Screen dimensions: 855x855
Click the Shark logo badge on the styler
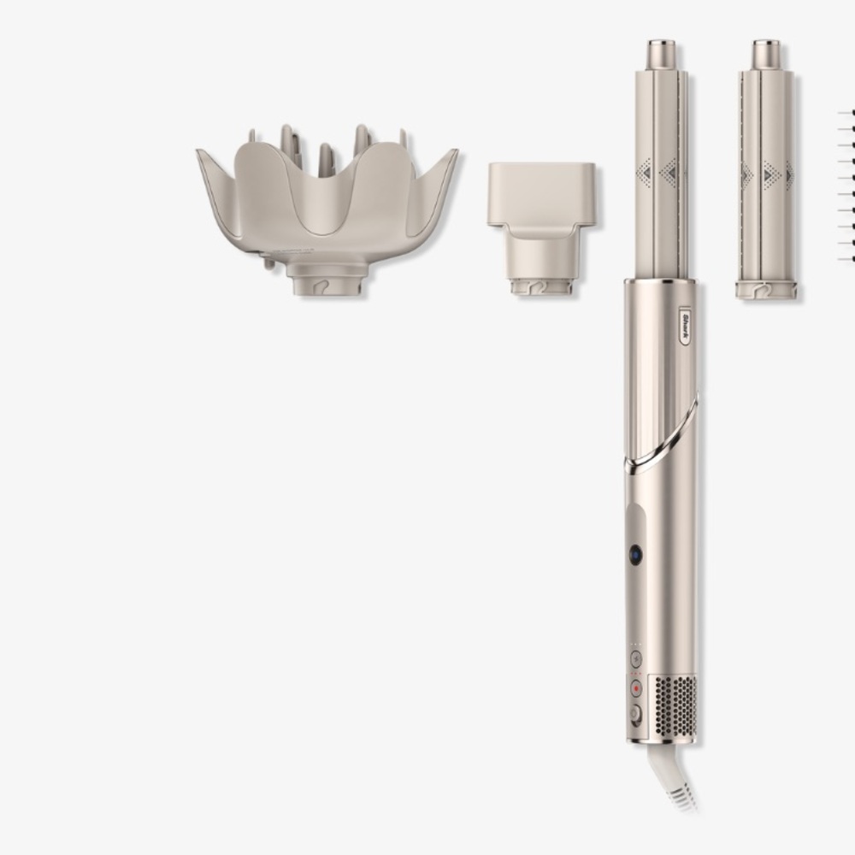[686, 326]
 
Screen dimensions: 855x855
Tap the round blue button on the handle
[635, 554]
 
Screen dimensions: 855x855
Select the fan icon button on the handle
[635, 658]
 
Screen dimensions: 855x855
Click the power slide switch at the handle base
[635, 715]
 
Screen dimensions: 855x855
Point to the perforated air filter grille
[675, 705]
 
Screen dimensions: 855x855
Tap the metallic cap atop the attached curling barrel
[660, 54]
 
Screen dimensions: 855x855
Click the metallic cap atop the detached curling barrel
[765, 54]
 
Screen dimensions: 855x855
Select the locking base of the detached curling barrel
[765, 290]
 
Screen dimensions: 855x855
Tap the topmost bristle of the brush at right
[846, 112]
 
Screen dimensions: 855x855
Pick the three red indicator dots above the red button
[635, 674]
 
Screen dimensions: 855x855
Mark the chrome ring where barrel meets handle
[660, 280]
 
